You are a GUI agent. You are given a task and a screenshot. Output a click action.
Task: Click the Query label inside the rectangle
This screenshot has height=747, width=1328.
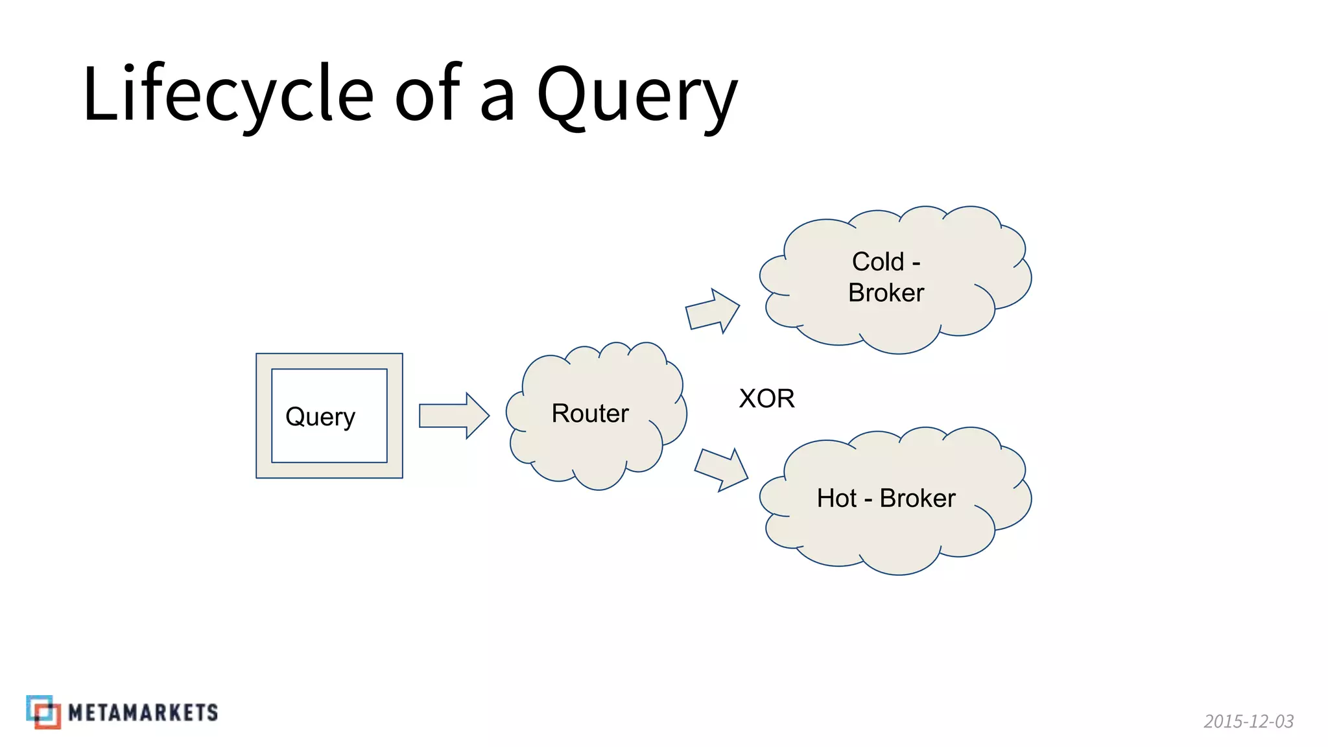point(320,416)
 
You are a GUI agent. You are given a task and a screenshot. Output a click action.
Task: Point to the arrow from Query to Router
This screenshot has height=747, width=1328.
point(453,416)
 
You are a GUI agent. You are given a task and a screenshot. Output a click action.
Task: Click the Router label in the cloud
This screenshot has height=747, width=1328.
point(590,413)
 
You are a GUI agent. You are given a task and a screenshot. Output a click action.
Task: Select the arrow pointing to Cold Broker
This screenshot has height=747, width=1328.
point(712,312)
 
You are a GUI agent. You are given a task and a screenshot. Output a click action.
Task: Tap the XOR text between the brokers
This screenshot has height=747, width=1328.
point(766,398)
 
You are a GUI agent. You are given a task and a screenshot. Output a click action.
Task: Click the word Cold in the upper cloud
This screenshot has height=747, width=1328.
point(877,262)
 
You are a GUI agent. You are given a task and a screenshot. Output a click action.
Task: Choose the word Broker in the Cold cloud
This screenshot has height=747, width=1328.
point(886,292)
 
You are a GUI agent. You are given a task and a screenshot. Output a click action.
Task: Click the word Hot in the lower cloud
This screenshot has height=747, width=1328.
point(836,498)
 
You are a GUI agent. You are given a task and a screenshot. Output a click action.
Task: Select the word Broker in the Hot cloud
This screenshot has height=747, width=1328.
point(917,498)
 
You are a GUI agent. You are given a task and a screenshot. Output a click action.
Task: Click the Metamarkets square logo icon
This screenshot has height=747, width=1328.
point(43,712)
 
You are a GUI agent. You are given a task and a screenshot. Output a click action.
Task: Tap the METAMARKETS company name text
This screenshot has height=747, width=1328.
point(143,713)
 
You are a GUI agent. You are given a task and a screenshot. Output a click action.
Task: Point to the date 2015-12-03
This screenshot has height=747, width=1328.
point(1248,721)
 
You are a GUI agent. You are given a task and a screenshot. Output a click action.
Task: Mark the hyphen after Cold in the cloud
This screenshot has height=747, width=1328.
point(916,263)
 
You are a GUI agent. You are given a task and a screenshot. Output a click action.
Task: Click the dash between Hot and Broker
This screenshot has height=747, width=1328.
point(868,500)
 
